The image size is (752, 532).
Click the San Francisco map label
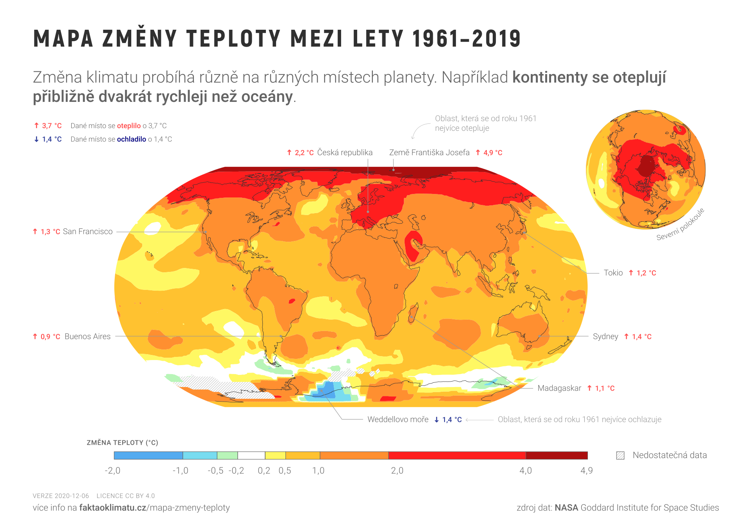click(87, 232)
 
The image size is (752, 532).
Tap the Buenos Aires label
click(87, 337)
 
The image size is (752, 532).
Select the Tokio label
click(613, 273)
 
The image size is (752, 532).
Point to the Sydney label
click(605, 337)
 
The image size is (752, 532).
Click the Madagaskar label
click(559, 388)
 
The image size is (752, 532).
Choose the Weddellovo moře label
click(398, 420)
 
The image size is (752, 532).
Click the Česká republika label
click(345, 152)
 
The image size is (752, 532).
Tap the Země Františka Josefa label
click(429, 152)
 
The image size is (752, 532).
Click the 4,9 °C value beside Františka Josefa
click(492, 153)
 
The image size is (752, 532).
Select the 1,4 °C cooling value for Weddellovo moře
click(452, 420)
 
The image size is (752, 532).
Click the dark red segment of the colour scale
click(556, 455)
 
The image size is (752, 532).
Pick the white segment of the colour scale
click(251, 455)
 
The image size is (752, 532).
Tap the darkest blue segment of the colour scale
click(148, 455)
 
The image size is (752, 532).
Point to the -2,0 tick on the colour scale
click(112, 470)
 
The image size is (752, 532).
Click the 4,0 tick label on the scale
click(526, 470)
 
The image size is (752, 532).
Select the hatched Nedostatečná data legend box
click(620, 455)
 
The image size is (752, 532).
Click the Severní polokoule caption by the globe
click(680, 224)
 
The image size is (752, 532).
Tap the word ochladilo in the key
click(131, 139)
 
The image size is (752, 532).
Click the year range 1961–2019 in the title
click(466, 39)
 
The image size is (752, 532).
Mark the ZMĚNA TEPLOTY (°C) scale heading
click(122, 443)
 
